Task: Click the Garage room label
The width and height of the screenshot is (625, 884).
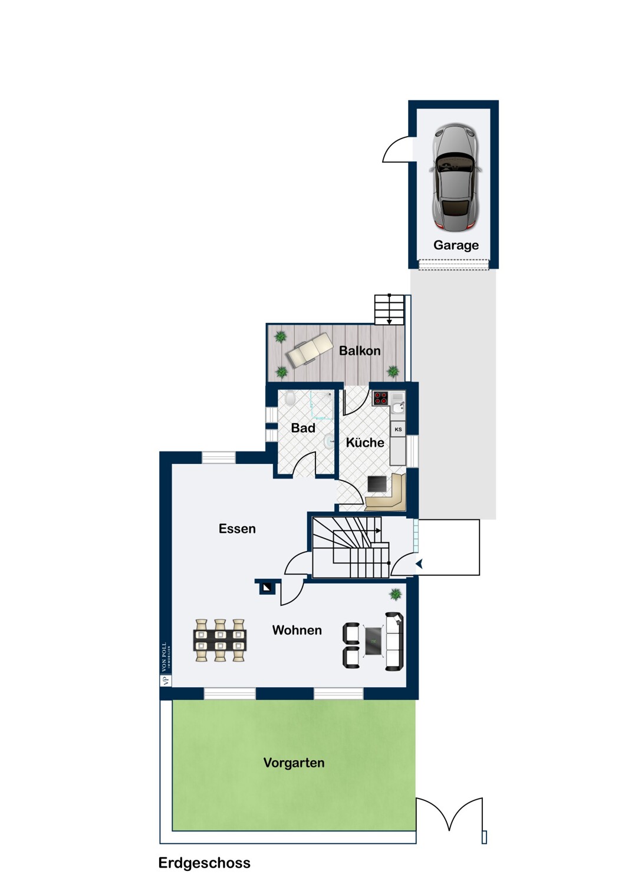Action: (x=456, y=245)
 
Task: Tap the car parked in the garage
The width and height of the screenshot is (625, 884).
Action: (x=455, y=177)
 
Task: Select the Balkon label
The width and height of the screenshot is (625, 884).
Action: (x=360, y=351)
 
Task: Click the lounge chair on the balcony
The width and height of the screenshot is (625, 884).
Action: (x=309, y=349)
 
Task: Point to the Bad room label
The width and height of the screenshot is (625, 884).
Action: (x=303, y=428)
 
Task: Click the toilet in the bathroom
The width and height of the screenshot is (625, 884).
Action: (x=290, y=398)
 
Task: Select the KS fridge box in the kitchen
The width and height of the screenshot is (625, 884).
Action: (x=398, y=430)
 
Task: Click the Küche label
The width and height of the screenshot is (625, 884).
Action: (x=365, y=443)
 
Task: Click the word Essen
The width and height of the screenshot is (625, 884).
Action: (x=237, y=529)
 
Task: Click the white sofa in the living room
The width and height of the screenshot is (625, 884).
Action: (x=394, y=641)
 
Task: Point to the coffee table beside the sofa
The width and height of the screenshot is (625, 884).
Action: (x=373, y=641)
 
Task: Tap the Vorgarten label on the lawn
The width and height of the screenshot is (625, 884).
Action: (x=294, y=763)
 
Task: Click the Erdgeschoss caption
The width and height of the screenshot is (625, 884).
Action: (x=204, y=863)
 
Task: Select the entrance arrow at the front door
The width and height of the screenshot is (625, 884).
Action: (x=419, y=565)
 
